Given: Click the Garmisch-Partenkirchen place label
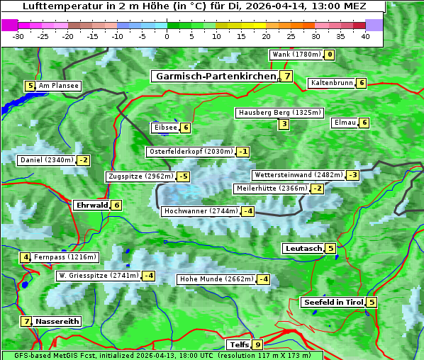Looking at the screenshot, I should [x=215, y=76].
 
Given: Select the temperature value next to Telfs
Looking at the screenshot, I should [x=257, y=345].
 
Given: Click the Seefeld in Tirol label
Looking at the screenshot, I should [x=333, y=303].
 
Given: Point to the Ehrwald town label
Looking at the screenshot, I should [x=91, y=206].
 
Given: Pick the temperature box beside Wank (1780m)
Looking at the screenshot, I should [x=330, y=55].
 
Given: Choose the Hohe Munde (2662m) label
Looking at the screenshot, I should [x=216, y=279].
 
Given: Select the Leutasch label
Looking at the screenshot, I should [x=303, y=249].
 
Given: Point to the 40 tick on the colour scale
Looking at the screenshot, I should [x=365, y=36].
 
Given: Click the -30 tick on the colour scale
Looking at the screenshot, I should [x=18, y=36].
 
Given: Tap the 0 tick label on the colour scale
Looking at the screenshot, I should [x=167, y=36].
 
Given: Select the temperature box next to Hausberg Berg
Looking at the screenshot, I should [x=284, y=125].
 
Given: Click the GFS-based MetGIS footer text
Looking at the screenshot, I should [x=162, y=355].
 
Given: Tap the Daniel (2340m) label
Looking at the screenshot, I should [x=47, y=160].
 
